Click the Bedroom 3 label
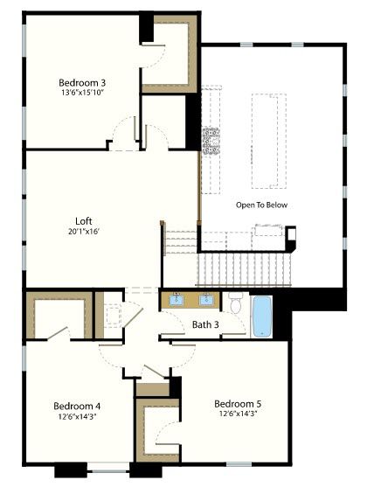tap(82, 83)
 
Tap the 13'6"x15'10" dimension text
tap(82, 93)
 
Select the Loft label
tap(84, 221)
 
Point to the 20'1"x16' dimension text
tap(84, 232)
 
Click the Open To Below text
tap(261, 205)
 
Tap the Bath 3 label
tap(205, 324)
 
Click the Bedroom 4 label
tap(77, 406)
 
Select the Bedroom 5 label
tap(238, 404)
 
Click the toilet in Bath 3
tap(235, 303)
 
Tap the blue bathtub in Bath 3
tap(262, 317)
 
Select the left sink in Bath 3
tap(176, 300)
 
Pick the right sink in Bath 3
tap(206, 300)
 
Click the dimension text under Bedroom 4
tap(77, 416)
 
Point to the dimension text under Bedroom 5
tap(239, 414)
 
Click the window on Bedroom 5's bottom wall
tap(239, 464)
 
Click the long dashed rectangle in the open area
tap(269, 141)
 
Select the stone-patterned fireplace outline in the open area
tap(211, 141)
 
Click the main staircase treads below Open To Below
tap(244, 269)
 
